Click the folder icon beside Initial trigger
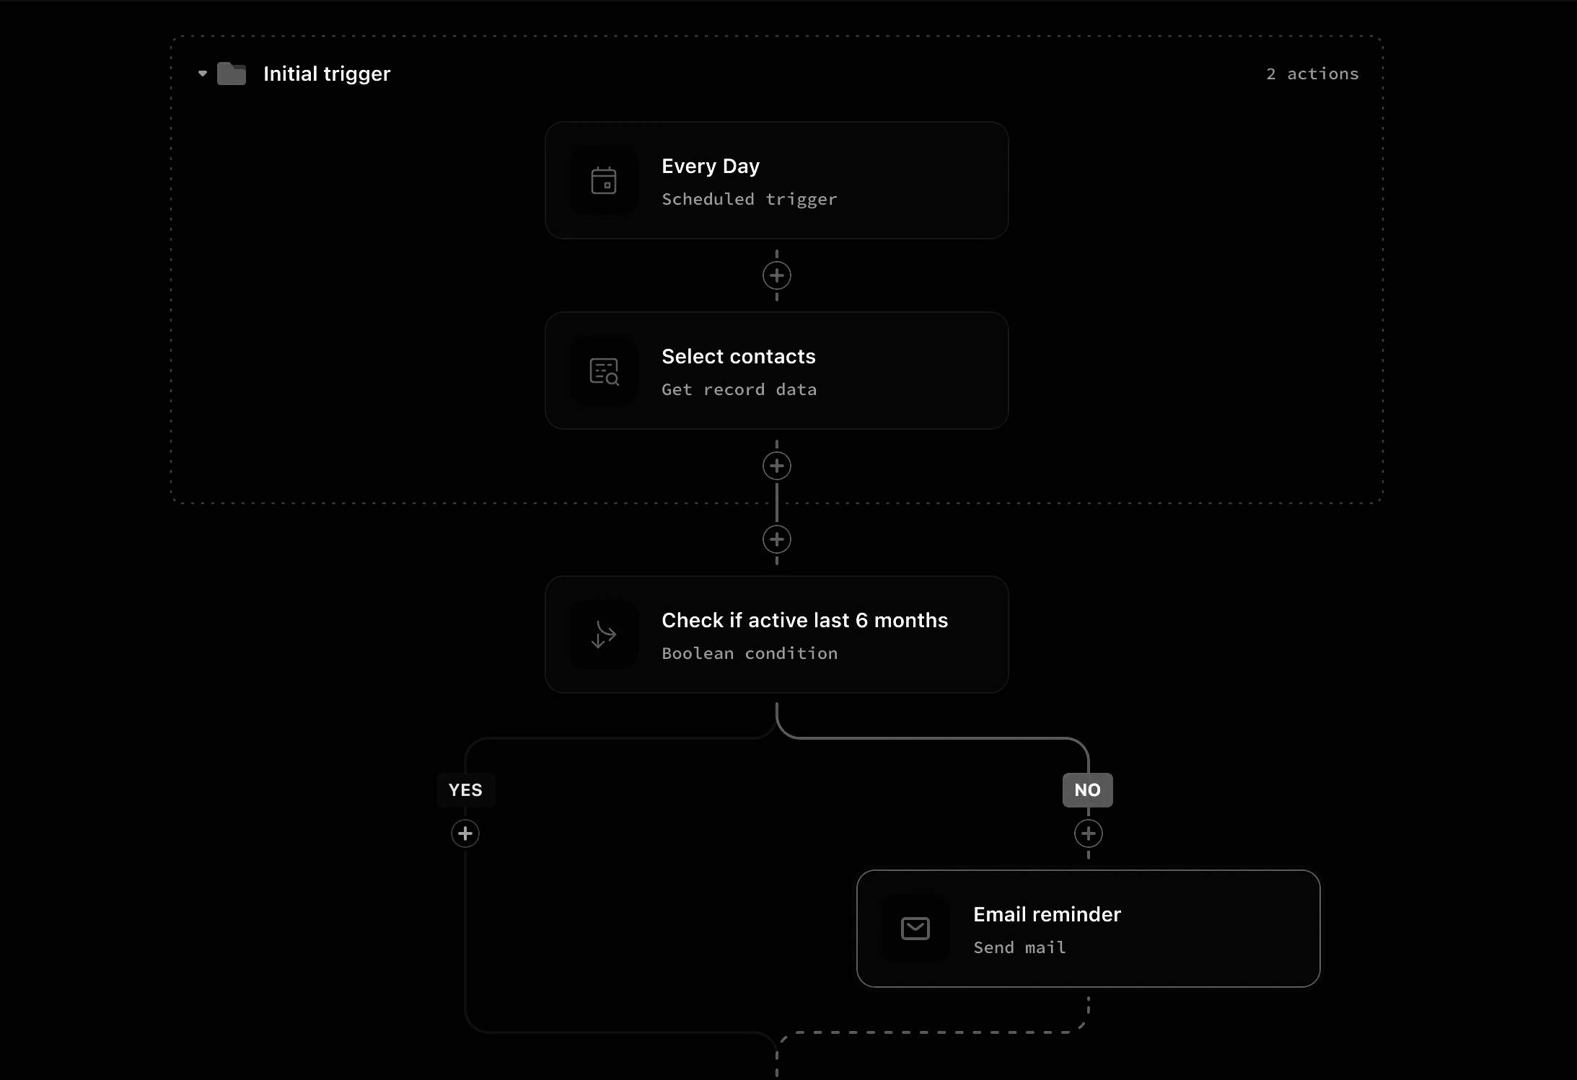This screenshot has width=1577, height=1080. [x=232, y=74]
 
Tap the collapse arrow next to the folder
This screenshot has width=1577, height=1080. [x=203, y=74]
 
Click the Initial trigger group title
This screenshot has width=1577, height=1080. [x=327, y=74]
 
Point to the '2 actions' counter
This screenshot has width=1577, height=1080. [x=1312, y=74]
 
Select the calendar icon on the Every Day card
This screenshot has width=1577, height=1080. [x=604, y=180]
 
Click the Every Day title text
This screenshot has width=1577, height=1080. [x=711, y=167]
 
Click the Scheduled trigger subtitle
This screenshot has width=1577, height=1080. [x=750, y=199]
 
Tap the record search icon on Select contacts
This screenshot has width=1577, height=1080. [x=604, y=371]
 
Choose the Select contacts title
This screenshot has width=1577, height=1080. [x=739, y=356]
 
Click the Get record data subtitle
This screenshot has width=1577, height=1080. [x=739, y=389]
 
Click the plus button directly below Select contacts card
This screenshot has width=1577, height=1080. [x=777, y=466]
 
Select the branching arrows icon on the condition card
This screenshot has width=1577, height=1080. [x=604, y=634]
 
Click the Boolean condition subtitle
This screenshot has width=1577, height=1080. [x=750, y=653]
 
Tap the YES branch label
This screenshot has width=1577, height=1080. [x=465, y=790]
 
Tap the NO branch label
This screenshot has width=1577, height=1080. [x=1088, y=790]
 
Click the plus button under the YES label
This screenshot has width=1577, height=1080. [x=465, y=833]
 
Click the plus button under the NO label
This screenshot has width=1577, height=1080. [x=1089, y=833]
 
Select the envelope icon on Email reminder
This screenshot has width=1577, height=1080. [x=915, y=929]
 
